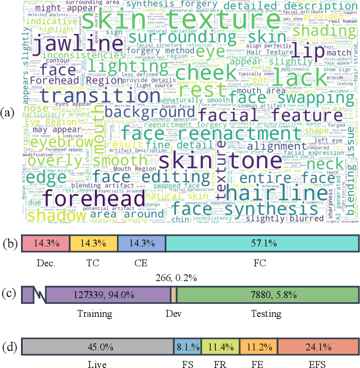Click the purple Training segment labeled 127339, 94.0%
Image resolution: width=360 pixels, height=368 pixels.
pyautogui.click(x=108, y=294)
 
